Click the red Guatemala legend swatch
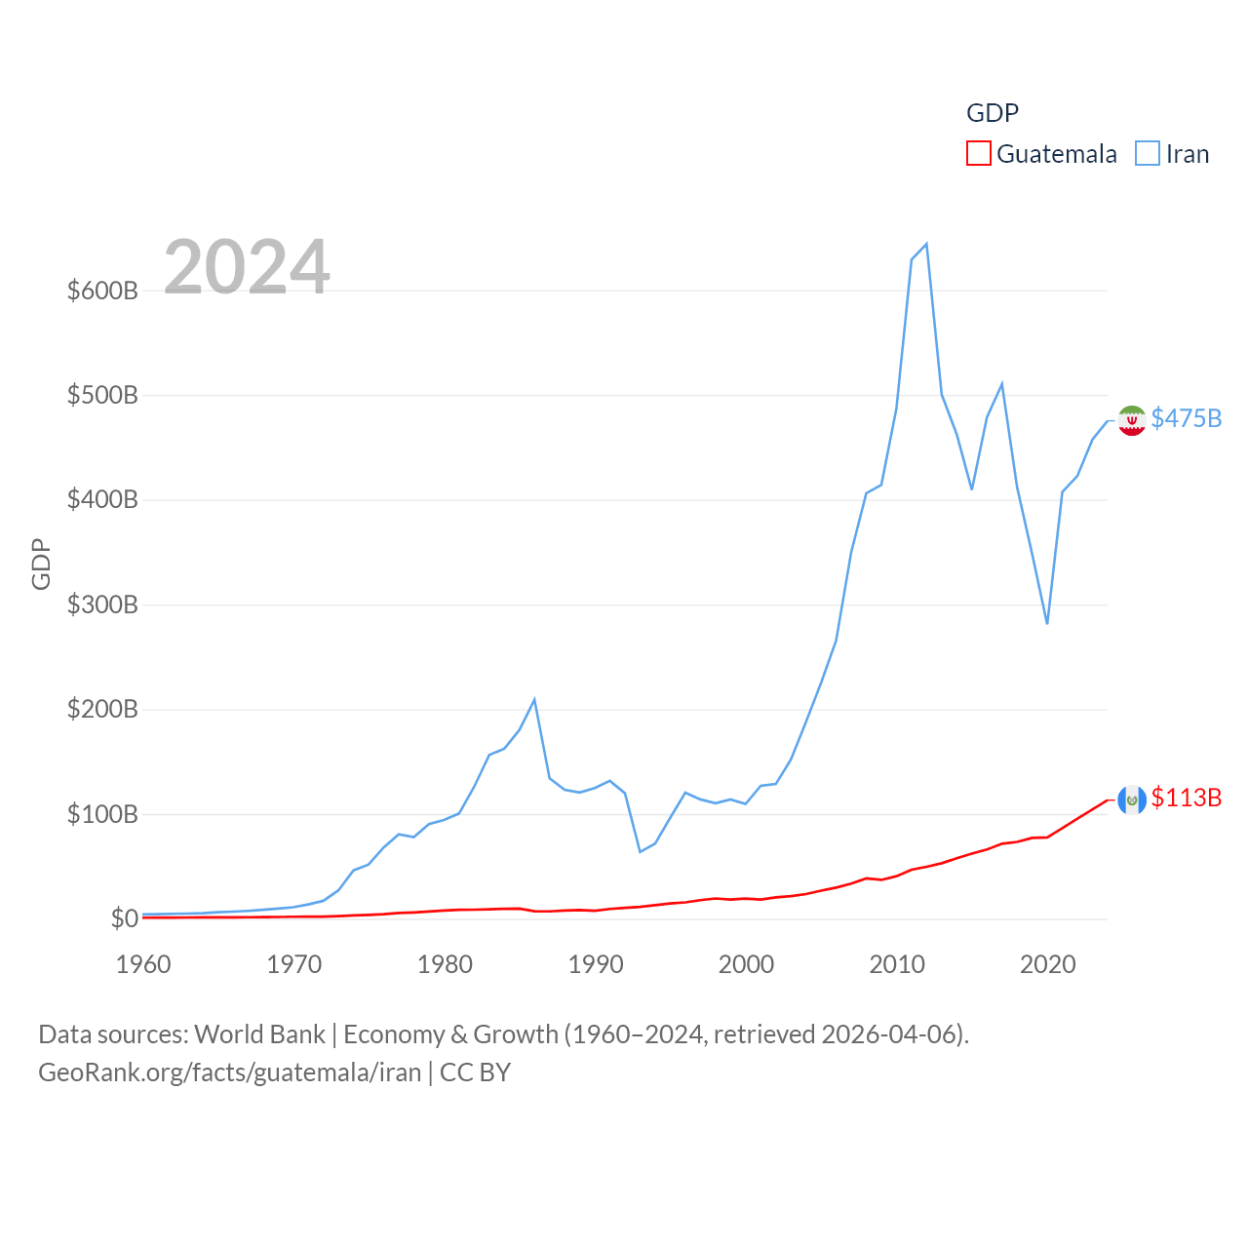tap(978, 154)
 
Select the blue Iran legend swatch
tap(1148, 154)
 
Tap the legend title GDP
tap(992, 113)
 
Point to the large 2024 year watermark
tap(247, 267)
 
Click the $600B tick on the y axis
tap(102, 291)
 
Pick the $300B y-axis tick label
tap(102, 604)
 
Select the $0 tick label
tap(124, 918)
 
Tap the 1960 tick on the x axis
tap(143, 964)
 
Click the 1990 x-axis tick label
tap(596, 964)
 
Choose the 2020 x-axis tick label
tap(1048, 964)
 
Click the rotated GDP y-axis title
tap(41, 564)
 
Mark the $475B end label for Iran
tap(1186, 418)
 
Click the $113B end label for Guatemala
tap(1186, 798)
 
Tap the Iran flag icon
tap(1132, 420)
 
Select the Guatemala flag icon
tap(1132, 799)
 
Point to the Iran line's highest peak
tap(926, 244)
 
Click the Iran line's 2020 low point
tap(1047, 623)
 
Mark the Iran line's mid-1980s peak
tap(534, 699)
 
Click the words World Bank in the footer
tap(259, 1033)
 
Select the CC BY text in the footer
tap(475, 1072)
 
